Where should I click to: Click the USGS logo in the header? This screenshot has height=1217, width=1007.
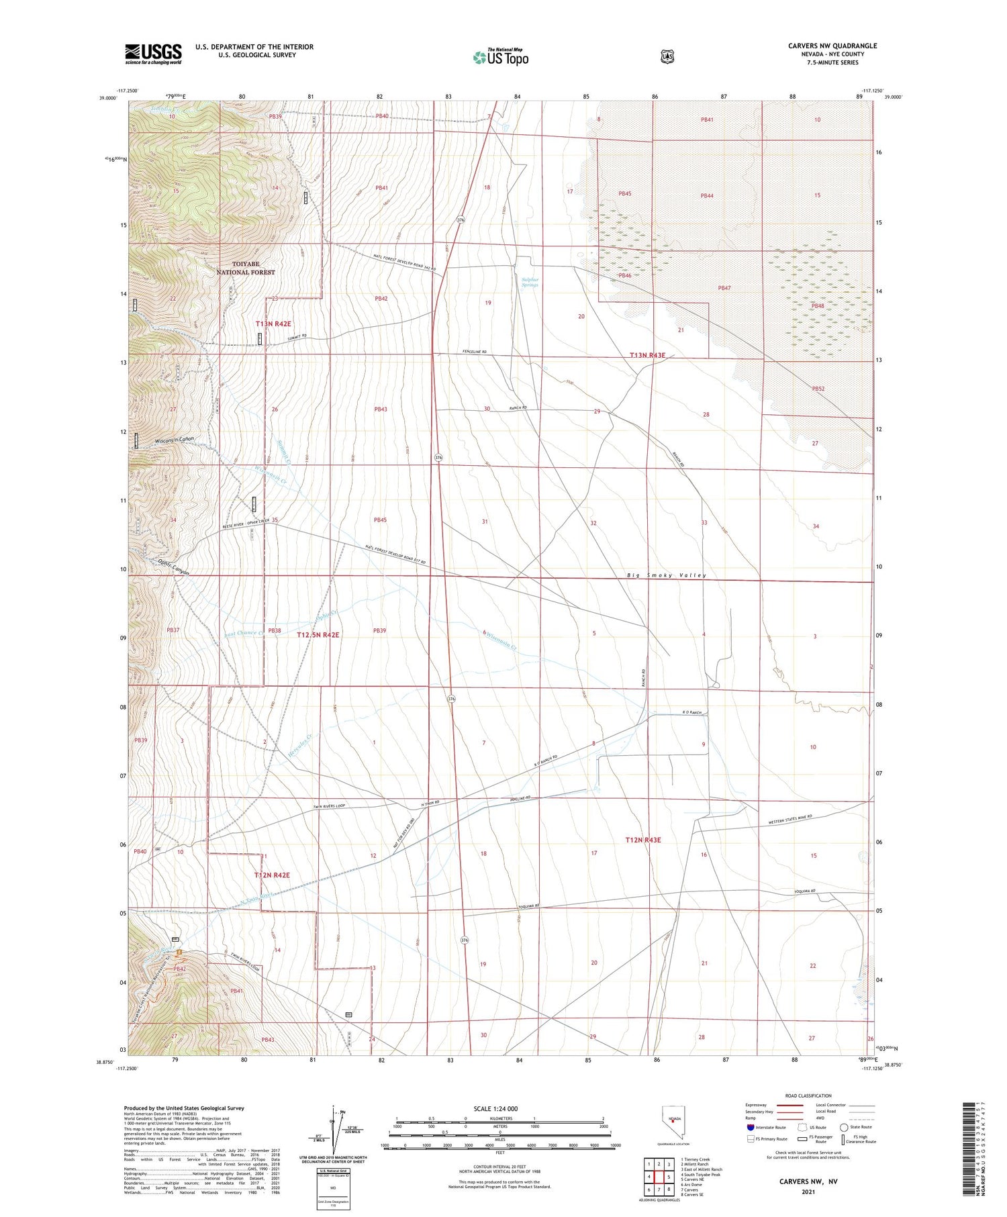(153, 54)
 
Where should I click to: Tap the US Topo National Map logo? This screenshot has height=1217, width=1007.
(500, 57)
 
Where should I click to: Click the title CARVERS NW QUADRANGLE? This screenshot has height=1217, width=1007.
(832, 46)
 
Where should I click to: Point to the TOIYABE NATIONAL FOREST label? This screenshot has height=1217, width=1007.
(246, 268)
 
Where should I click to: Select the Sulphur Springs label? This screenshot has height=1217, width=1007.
(530, 281)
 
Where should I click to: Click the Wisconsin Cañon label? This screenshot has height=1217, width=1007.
(174, 440)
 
